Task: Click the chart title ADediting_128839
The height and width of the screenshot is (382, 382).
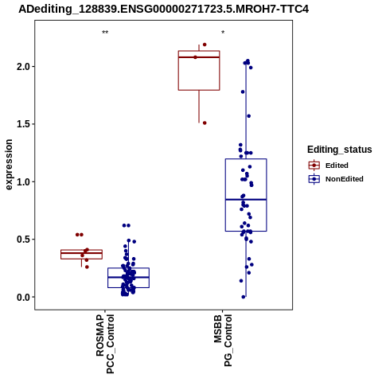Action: [x=163, y=10]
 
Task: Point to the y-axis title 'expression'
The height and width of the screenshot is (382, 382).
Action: [x=9, y=165]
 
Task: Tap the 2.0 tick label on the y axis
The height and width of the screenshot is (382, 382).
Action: [x=22, y=67]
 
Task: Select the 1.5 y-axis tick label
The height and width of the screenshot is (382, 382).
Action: [x=22, y=124]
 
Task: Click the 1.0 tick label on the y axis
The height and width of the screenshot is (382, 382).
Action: [x=22, y=182]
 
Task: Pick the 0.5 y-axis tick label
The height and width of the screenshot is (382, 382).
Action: [x=22, y=240]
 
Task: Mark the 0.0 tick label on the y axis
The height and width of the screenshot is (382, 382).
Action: [x=22, y=298]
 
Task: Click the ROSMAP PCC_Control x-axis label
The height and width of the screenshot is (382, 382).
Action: [x=105, y=344]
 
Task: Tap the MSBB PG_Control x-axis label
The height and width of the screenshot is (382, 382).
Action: [x=223, y=341]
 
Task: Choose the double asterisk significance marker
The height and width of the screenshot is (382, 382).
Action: [x=105, y=33]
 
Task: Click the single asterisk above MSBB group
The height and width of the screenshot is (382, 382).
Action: [x=223, y=33]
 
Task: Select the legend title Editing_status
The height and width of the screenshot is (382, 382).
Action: [x=340, y=150]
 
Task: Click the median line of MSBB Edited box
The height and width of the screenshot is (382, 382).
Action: [x=199, y=57]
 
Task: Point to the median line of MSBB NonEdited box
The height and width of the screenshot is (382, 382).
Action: [x=246, y=199]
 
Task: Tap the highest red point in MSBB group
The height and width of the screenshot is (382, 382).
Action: [x=205, y=45]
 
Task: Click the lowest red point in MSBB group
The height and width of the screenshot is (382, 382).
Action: [x=205, y=123]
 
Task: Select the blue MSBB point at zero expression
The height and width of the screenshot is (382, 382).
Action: [x=244, y=297]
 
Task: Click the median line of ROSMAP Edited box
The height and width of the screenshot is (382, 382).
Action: [x=81, y=253]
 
